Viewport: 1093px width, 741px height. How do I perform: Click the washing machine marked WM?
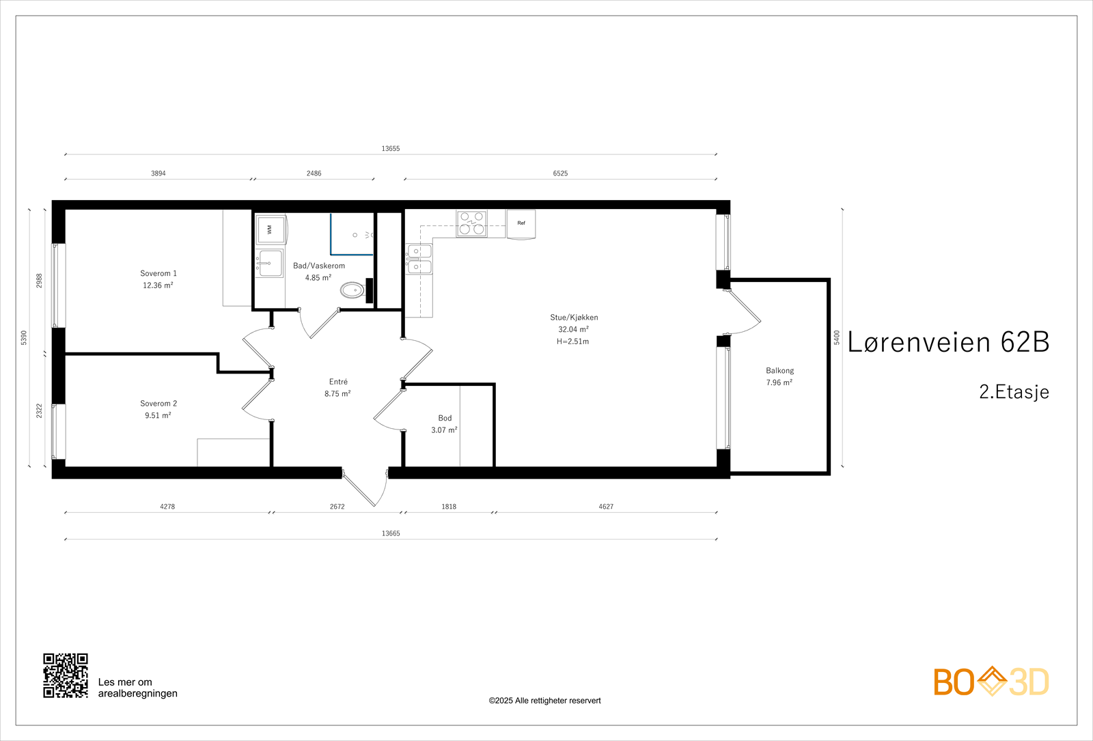271,229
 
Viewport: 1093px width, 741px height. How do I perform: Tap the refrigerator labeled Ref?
521,224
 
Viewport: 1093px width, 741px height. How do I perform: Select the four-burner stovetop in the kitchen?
472,223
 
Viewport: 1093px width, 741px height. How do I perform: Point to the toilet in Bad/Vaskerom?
353,291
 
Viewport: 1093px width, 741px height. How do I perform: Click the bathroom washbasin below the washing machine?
270,264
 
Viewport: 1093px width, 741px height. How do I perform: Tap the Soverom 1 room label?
158,273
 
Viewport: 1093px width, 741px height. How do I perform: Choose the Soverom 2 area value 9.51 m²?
158,416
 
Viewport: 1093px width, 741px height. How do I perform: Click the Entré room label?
338,382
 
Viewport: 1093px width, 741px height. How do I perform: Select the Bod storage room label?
445,418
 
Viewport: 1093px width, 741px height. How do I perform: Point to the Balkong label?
779,371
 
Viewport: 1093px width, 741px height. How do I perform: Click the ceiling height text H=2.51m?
573,341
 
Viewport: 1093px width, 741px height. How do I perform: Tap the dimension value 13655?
390,149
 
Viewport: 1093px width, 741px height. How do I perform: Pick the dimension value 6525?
560,173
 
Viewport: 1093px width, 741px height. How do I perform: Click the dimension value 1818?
449,507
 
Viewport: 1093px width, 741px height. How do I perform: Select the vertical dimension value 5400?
837,337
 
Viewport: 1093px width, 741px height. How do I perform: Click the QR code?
66,675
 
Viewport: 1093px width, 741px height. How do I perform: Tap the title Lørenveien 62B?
948,341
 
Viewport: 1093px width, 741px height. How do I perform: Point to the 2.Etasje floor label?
1014,392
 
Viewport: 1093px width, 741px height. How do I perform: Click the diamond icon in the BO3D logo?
991,682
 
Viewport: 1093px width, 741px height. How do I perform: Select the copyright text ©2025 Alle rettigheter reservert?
544,701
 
